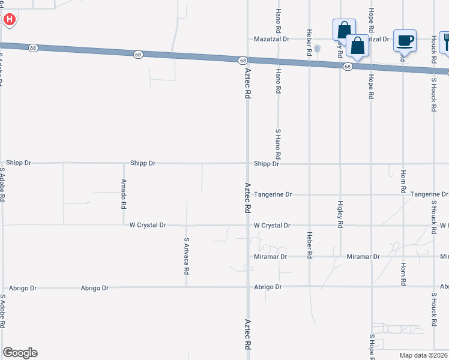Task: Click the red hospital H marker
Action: tap(10, 20)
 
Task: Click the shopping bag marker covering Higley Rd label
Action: tap(344, 29)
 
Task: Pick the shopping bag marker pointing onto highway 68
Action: tap(357, 46)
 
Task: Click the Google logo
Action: tap(20, 353)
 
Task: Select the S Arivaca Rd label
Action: tap(187, 256)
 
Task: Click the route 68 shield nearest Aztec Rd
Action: tap(243, 61)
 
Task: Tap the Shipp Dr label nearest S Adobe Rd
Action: tap(19, 163)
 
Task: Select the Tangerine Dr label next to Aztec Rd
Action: tap(273, 194)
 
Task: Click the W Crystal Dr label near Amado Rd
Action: tap(148, 225)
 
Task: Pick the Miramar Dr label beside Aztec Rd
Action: tap(271, 256)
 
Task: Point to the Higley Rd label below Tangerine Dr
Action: tap(340, 214)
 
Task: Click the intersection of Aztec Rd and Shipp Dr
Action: tap(247, 163)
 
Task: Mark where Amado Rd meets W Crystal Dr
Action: tap(124, 225)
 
